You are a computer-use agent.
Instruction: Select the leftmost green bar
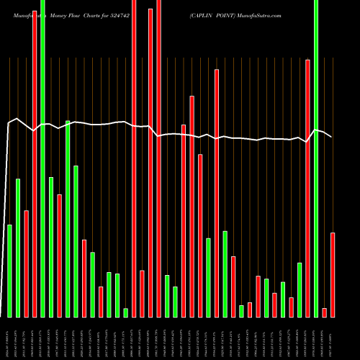(10, 271)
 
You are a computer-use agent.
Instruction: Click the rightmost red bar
(333, 274)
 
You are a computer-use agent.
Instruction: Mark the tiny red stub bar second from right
(324, 312)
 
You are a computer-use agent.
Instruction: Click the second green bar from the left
(18, 248)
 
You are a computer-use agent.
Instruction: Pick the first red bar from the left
(27, 264)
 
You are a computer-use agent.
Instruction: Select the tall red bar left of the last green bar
(307, 188)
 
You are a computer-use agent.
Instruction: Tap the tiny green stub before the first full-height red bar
(125, 312)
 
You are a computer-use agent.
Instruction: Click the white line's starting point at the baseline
(2, 317)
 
